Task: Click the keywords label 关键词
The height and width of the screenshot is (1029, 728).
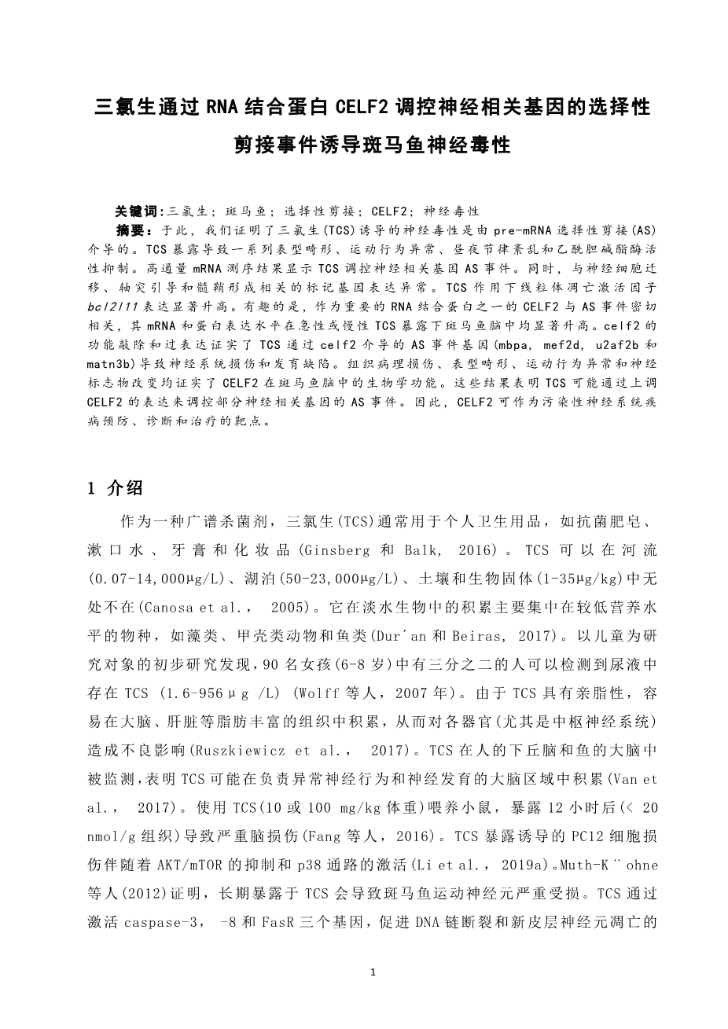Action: point(137,211)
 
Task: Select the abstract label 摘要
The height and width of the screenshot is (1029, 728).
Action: point(130,230)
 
